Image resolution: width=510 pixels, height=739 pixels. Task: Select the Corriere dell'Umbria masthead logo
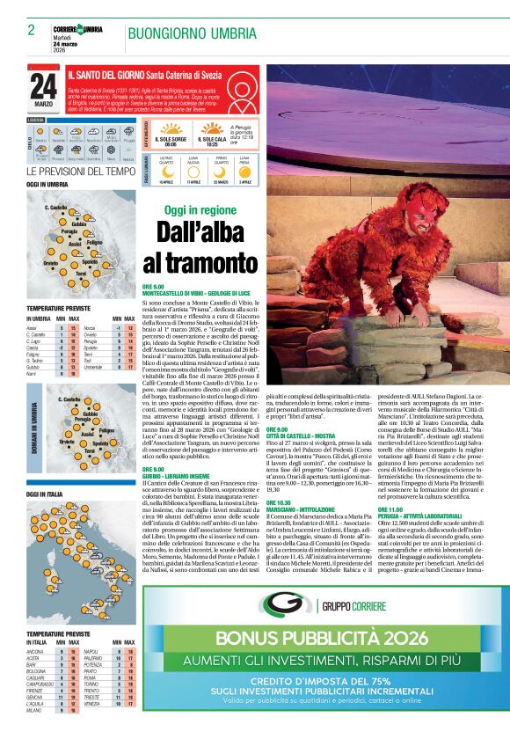pos(77,30)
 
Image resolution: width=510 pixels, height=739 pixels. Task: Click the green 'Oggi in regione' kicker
pos(200,211)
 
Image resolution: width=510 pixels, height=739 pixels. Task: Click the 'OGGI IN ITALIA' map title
pos(45,494)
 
